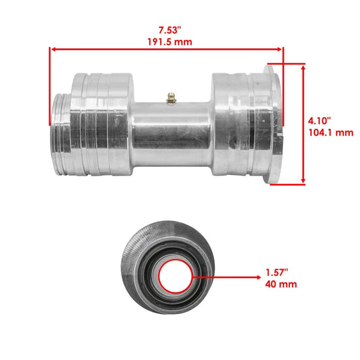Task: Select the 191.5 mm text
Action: (x=166, y=41)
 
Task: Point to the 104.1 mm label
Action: (x=330, y=132)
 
